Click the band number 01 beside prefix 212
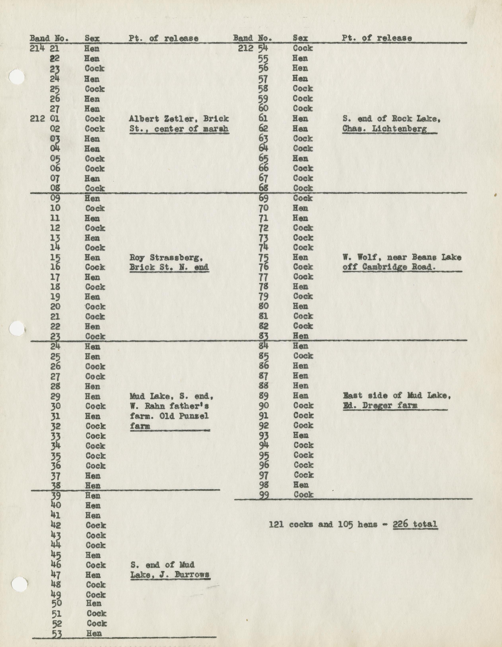[x=55, y=119]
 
